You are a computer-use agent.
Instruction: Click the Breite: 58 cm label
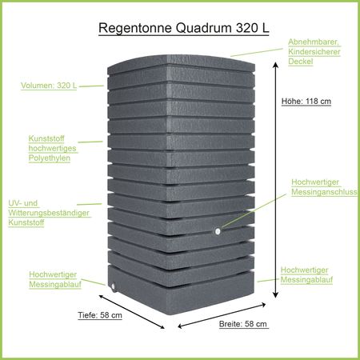tap(243, 324)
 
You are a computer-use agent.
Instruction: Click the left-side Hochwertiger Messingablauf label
tap(55, 278)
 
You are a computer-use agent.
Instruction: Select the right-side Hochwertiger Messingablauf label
tap(307, 275)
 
